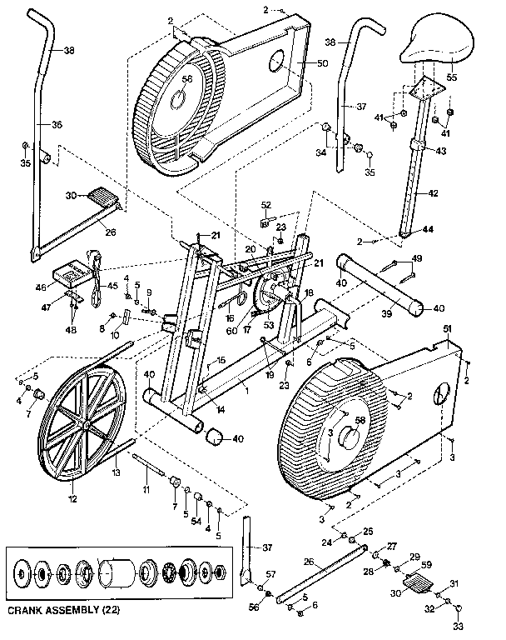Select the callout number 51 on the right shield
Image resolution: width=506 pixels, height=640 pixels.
click(x=447, y=330)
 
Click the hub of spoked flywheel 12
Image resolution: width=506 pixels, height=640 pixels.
click(x=86, y=422)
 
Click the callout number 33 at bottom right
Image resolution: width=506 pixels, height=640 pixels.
click(x=456, y=625)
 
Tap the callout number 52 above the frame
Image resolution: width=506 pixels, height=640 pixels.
click(x=266, y=205)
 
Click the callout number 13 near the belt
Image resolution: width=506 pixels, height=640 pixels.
click(x=117, y=472)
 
